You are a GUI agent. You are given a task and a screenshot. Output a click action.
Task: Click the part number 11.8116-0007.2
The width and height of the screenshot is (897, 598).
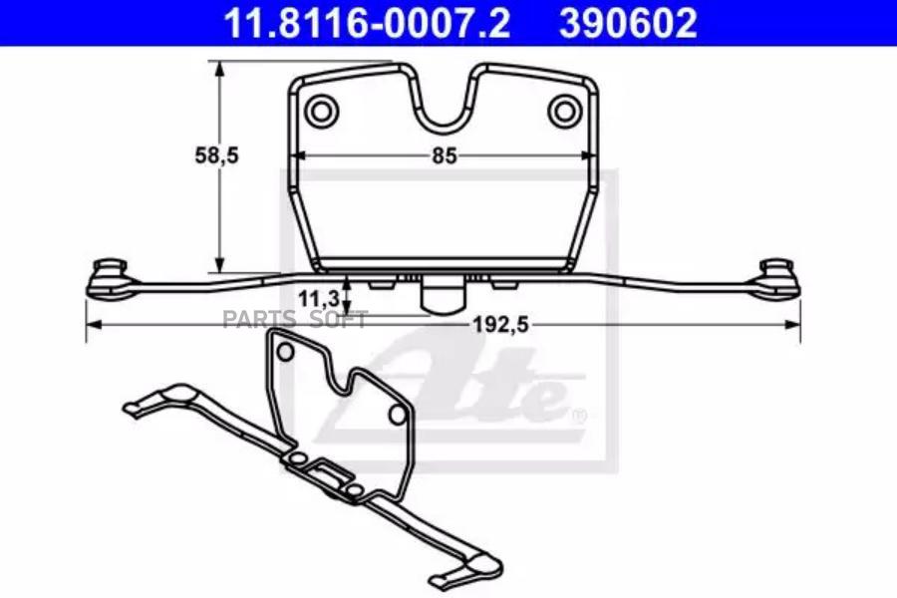click(x=367, y=23)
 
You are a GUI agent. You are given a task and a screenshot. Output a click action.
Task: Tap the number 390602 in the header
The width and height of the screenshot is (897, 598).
click(x=628, y=23)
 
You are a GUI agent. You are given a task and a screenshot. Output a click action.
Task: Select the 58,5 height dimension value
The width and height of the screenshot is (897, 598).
click(x=217, y=155)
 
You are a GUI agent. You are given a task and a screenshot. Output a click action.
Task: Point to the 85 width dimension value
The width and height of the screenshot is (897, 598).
click(x=445, y=155)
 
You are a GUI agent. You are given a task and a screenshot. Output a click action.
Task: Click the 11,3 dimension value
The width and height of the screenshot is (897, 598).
click(x=319, y=298)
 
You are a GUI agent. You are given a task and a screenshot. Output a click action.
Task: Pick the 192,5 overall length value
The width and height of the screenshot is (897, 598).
click(x=500, y=325)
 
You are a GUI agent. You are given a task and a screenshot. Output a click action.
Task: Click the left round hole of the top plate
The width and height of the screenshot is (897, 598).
click(x=321, y=111)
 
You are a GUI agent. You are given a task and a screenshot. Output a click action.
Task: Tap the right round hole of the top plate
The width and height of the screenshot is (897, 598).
click(x=564, y=111)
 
